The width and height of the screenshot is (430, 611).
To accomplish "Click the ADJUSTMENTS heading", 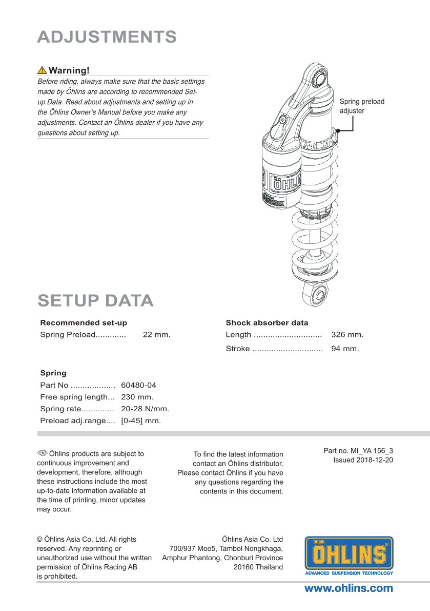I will point(107,37).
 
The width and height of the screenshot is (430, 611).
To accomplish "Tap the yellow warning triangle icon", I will point(42,70).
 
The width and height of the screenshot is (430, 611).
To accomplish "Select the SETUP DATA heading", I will point(95,300).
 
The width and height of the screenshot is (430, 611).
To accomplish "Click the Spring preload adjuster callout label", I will point(361,106).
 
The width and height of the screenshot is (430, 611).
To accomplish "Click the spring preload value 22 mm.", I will point(156,335).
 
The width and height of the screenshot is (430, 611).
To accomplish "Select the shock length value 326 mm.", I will point(347,335).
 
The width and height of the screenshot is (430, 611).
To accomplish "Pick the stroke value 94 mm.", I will point(345,349).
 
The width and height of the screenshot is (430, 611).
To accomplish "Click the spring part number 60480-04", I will point(138,385).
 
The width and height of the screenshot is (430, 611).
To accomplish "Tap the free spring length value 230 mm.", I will point(137,397).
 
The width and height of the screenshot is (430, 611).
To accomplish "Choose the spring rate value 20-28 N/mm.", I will point(145,409).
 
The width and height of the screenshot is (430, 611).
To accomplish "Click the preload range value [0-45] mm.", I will point(141,421).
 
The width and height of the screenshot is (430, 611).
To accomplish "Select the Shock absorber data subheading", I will point(267,323).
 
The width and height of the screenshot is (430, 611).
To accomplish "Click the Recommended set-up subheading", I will point(84,323).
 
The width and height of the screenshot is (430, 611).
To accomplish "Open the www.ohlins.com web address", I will point(349,588).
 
